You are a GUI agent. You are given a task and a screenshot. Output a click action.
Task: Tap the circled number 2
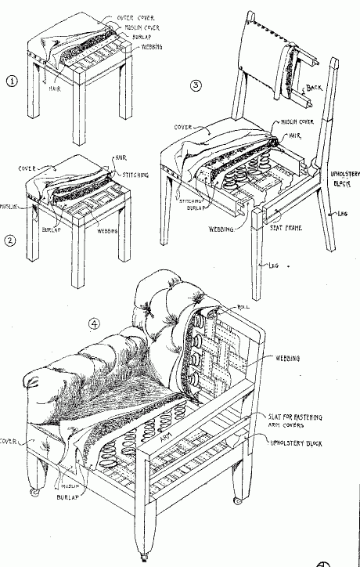coord(9,240)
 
